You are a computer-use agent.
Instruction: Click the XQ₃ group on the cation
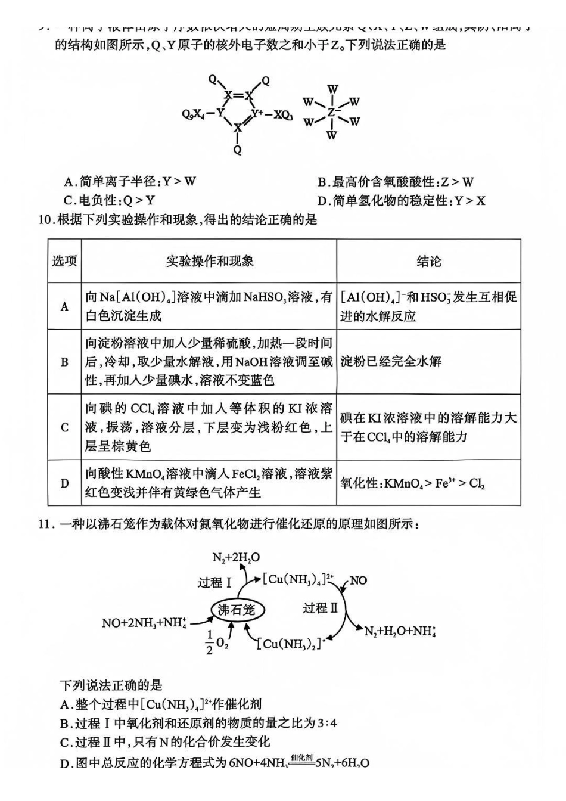(x=283, y=114)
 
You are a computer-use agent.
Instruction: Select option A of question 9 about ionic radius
(x=130, y=182)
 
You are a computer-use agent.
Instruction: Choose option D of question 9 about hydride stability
(x=401, y=200)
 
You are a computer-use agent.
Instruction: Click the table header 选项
(x=64, y=261)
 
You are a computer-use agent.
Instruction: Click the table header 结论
(x=428, y=261)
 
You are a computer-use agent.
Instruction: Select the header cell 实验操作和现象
(x=209, y=261)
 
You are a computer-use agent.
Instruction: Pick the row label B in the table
(x=64, y=362)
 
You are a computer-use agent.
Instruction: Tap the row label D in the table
(x=64, y=483)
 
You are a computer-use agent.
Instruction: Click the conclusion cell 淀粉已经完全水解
(x=391, y=361)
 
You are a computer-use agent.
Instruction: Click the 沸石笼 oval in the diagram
(x=237, y=609)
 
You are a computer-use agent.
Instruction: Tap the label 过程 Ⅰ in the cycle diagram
(x=214, y=582)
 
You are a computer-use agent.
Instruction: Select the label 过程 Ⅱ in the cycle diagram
(x=320, y=608)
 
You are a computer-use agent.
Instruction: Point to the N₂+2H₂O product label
(x=236, y=558)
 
